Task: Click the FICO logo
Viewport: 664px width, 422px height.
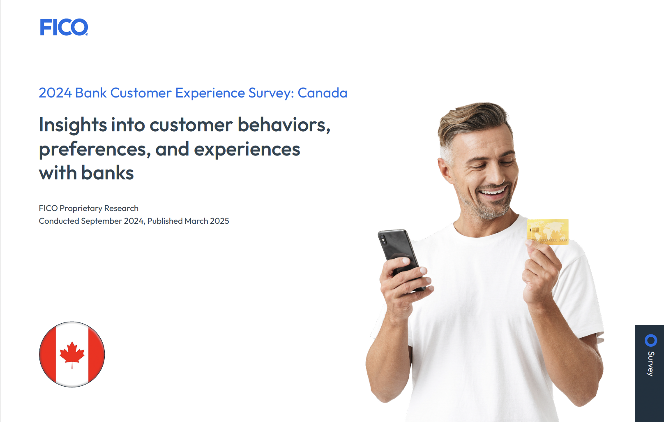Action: tap(64, 27)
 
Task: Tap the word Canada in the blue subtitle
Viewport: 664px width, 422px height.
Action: tap(322, 93)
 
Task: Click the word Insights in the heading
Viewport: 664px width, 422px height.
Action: tap(73, 125)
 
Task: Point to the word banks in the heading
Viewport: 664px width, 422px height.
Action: tap(107, 173)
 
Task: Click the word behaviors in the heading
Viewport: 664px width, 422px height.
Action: tap(284, 125)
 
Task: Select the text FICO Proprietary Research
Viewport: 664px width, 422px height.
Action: tap(89, 209)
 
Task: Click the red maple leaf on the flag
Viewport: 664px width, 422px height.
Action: tap(72, 354)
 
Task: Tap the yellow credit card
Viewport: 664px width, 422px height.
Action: tap(548, 232)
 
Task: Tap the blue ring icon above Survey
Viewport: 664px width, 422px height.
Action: tap(651, 341)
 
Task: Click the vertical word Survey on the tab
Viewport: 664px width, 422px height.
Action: tap(651, 364)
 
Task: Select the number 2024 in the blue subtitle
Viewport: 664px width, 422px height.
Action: tap(55, 93)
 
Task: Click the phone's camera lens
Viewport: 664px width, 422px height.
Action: tap(384, 239)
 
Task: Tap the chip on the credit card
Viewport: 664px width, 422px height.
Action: tap(535, 230)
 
